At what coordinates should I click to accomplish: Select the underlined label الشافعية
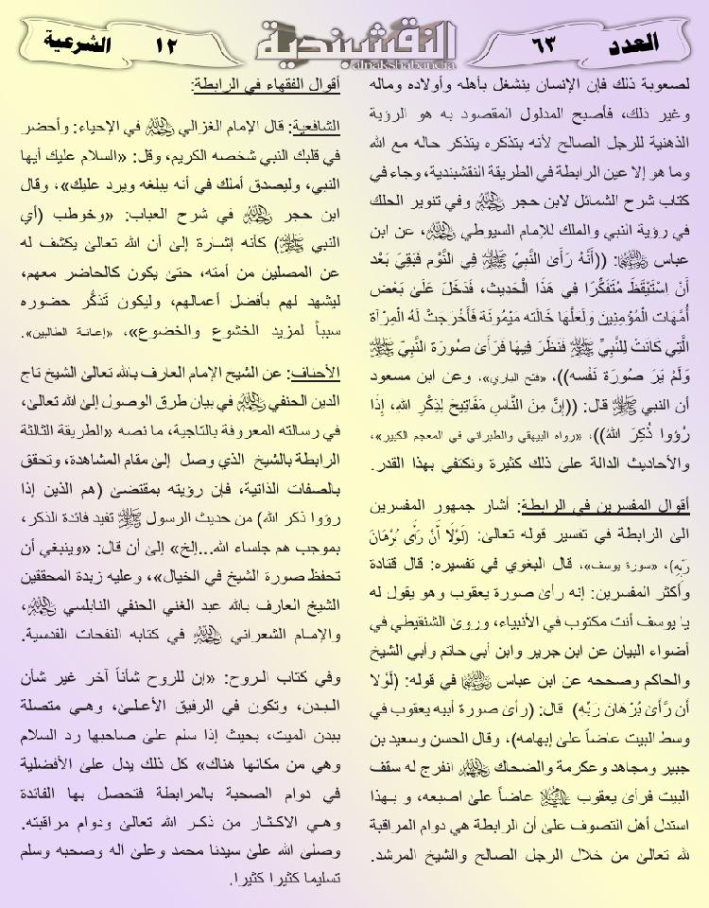pyautogui.click(x=316, y=127)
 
